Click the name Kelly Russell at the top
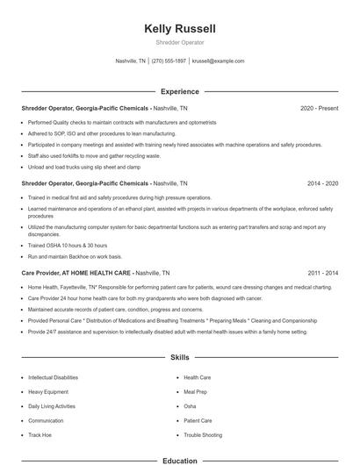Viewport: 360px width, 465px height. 180,29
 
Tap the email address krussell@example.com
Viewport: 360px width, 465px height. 218,61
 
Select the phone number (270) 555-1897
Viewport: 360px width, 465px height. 169,61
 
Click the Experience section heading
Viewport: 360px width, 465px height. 180,91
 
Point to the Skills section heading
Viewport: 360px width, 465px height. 180,358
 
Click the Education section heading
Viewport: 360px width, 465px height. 180,460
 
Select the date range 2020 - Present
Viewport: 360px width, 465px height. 319,109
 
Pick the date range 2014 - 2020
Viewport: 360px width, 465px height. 322,185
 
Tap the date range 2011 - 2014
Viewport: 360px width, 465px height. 322,273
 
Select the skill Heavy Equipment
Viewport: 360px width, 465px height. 47,392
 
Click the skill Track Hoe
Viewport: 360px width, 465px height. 40,435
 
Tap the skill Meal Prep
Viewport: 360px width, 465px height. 196,392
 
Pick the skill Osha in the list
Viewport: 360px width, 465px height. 190,406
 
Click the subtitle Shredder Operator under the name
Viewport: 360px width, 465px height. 180,42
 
